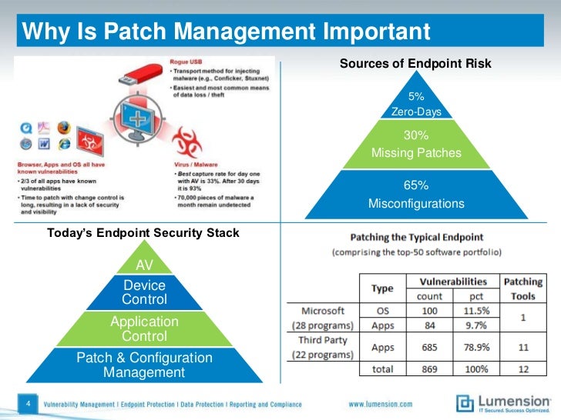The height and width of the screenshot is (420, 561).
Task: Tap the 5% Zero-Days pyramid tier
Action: pos(416,105)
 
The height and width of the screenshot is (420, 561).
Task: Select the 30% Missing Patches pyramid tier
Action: pos(416,145)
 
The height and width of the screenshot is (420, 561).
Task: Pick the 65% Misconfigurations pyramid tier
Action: pos(416,195)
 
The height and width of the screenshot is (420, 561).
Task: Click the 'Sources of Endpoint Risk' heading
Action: pos(415,64)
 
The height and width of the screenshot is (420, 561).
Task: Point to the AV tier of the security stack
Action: pos(144,265)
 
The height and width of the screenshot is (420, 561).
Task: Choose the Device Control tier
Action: pos(144,292)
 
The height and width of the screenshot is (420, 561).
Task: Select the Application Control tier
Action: pos(144,328)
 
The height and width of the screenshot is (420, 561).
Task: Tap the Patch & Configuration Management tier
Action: pos(144,365)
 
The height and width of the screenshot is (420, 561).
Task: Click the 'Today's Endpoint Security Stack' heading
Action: pos(143,232)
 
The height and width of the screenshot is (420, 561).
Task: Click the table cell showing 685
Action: pos(430,348)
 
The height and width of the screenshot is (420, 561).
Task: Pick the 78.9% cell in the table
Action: pos(476,348)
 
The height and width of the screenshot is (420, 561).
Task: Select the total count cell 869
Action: pos(430,369)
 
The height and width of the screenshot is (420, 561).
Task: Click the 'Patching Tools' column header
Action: pos(522,288)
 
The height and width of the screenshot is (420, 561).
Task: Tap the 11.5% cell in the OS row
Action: pos(476,311)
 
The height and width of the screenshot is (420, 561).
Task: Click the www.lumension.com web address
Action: pos(380,404)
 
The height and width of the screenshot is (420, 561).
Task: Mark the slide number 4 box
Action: pos(28,403)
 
